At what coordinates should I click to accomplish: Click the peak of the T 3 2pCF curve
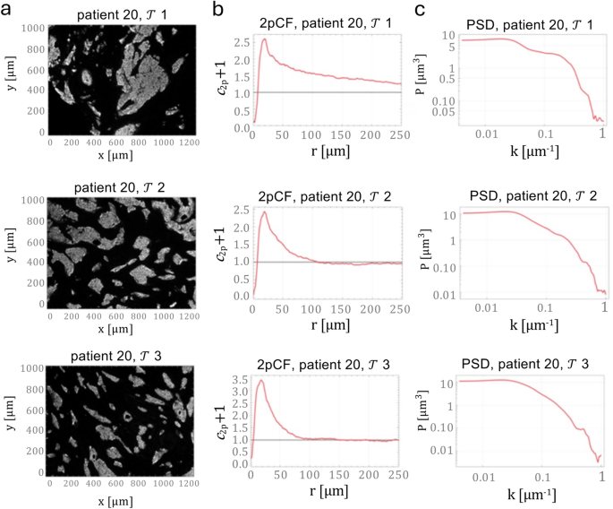[x=260, y=381]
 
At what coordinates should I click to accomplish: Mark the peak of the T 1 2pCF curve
[x=264, y=39]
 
